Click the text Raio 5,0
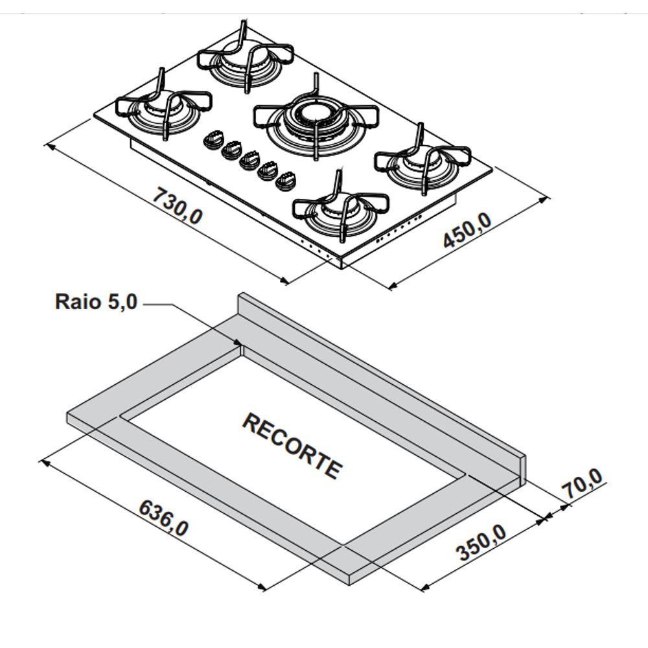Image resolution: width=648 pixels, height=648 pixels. (96, 302)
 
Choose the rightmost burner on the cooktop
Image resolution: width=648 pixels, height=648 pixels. (422, 166)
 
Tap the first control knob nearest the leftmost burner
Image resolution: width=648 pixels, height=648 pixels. (213, 140)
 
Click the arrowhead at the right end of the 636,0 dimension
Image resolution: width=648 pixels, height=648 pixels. (264, 589)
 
